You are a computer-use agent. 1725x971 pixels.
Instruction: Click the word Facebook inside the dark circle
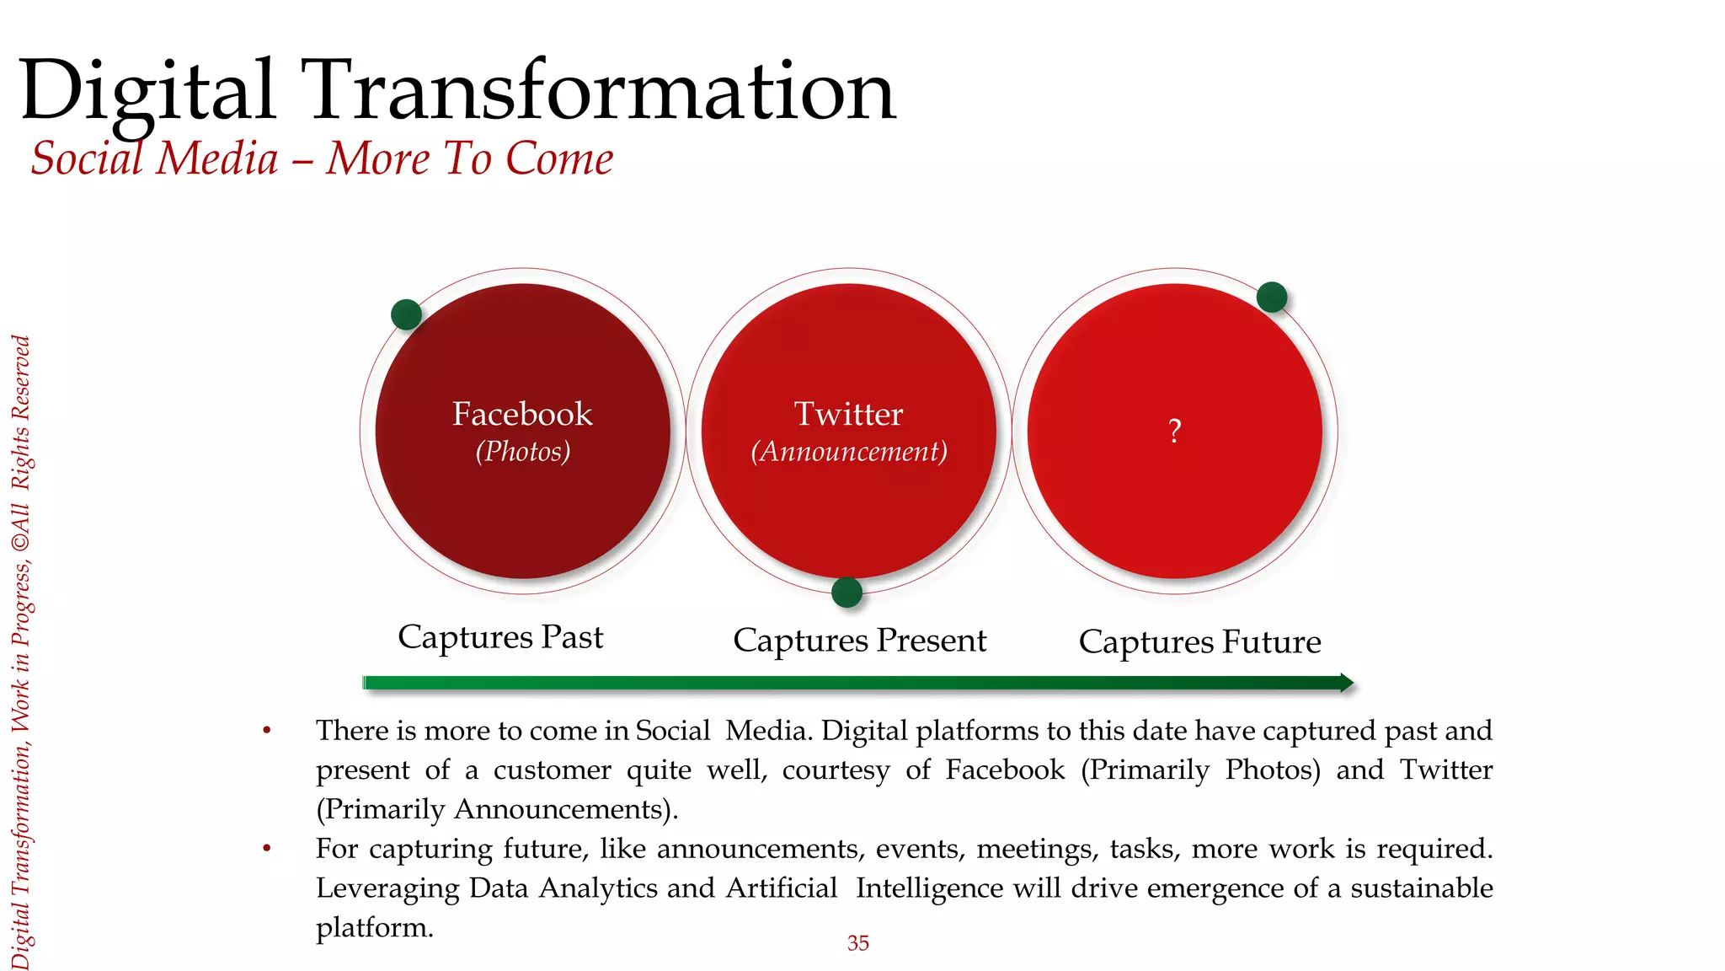click(x=522, y=414)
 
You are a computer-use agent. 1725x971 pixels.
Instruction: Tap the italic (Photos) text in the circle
click(x=522, y=452)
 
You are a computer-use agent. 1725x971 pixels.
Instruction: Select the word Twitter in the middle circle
click(x=848, y=414)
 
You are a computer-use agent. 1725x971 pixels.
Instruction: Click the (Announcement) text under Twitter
click(x=848, y=452)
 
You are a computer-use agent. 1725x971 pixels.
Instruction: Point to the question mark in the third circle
click(x=1175, y=432)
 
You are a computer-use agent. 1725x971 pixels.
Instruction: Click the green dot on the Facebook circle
click(x=406, y=314)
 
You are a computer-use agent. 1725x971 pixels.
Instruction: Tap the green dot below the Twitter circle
click(x=846, y=592)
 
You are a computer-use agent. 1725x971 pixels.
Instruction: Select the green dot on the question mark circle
click(x=1271, y=297)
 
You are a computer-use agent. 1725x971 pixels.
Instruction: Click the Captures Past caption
click(x=500, y=637)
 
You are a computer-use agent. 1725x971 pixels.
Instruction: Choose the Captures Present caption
click(x=859, y=641)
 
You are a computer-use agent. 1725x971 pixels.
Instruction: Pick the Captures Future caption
click(x=1199, y=642)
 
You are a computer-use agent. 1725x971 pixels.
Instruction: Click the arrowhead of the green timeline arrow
click(x=1346, y=683)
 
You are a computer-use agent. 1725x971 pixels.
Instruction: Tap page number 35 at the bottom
click(x=857, y=943)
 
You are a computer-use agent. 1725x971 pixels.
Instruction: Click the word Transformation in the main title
click(x=602, y=90)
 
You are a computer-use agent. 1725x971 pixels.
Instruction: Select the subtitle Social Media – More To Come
click(x=322, y=158)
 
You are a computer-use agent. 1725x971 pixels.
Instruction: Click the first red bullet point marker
click(x=267, y=730)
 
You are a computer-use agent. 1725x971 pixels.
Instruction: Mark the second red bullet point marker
click(x=267, y=848)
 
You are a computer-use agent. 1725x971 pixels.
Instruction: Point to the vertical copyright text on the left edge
click(x=21, y=653)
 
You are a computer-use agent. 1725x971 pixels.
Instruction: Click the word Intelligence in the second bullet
click(x=929, y=888)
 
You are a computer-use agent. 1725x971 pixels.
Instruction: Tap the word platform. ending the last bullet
click(x=374, y=928)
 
